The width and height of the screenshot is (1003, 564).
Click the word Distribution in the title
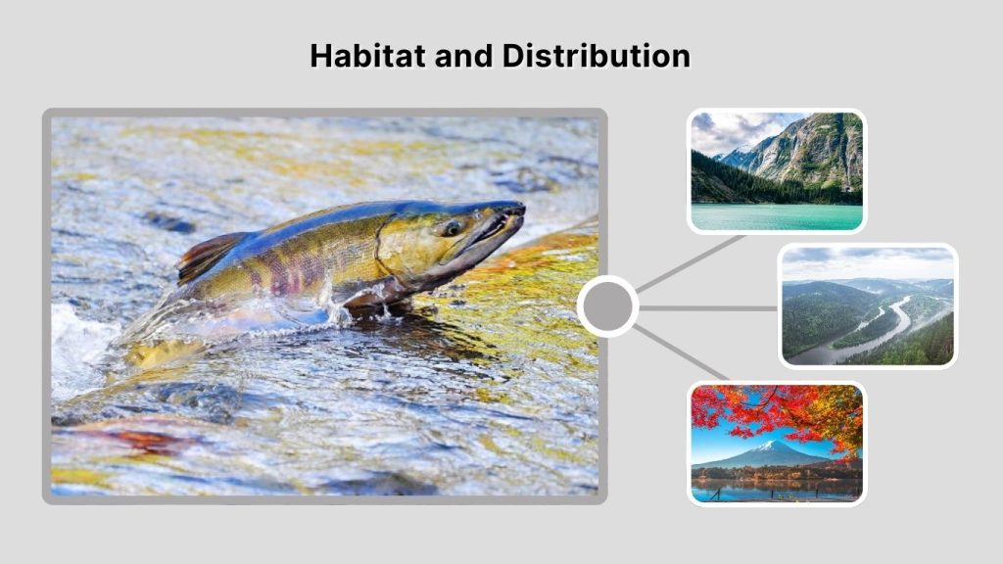(597, 56)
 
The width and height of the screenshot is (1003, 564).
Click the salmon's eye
(452, 228)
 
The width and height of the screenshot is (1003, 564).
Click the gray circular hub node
(607, 306)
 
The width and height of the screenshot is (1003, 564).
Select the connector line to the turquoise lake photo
(691, 263)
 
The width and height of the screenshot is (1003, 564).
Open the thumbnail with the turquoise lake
(776, 171)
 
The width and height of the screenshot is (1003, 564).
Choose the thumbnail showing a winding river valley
(867, 305)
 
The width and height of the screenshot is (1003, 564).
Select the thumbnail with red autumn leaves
(776, 443)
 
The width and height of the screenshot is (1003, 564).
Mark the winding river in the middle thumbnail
(872, 333)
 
